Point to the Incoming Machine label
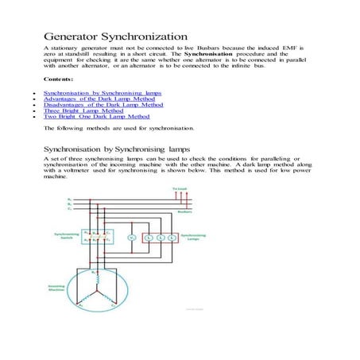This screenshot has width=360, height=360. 64,292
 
